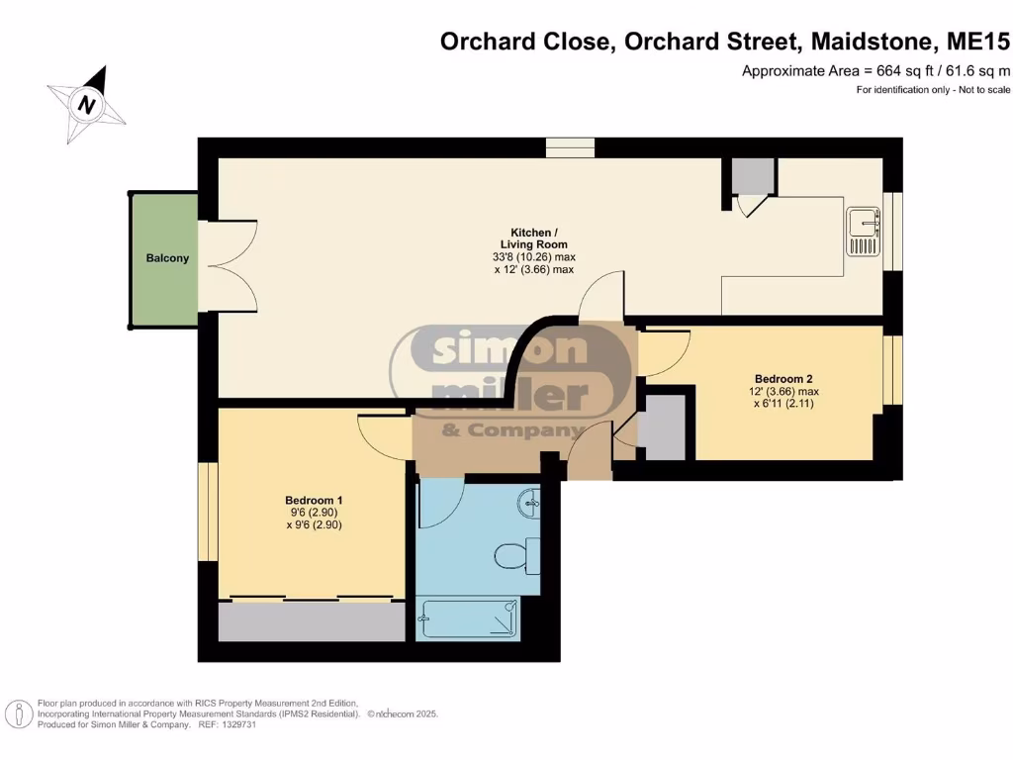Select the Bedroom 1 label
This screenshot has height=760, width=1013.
[x=314, y=500]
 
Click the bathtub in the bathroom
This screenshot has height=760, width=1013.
[x=469, y=618]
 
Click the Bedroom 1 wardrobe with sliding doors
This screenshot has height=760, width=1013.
[x=311, y=621]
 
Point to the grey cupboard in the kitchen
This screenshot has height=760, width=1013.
[x=754, y=175]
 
